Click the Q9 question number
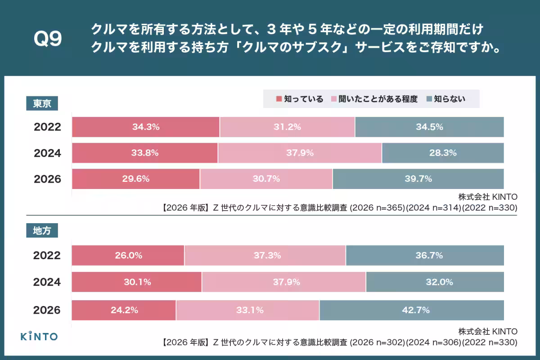(48, 40)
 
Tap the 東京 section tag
(42, 103)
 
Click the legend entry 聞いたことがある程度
(374, 99)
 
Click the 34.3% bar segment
(146, 127)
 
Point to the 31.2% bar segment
(287, 127)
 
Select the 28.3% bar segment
(443, 153)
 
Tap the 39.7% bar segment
(418, 179)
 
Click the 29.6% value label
(136, 179)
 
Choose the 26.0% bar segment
(128, 256)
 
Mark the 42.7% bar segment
(411, 310)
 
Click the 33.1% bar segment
(247, 310)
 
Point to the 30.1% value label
(137, 282)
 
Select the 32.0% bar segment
(435, 282)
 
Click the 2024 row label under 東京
(47, 153)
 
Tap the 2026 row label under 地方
(47, 310)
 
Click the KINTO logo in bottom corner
(39, 336)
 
